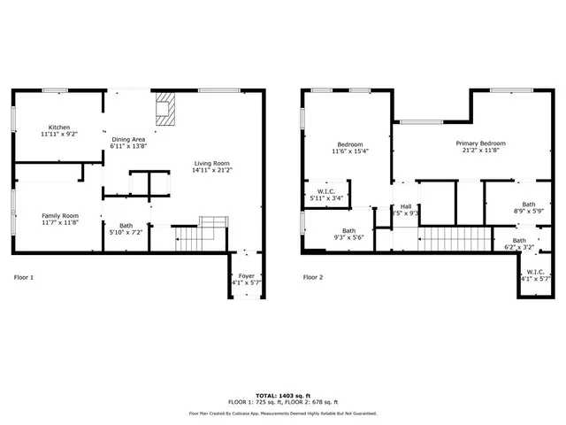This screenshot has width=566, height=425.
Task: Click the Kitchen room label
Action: point(59,127)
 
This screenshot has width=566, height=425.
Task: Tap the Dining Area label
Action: point(128,140)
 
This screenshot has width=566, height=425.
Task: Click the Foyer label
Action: point(247,276)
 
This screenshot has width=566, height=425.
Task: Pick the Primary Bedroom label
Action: point(480,143)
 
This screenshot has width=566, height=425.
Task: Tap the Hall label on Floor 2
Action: point(405,205)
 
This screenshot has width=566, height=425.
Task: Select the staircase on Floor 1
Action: point(189,237)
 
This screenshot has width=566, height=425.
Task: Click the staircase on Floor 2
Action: point(454,238)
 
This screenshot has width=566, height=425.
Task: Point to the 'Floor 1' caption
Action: point(24,277)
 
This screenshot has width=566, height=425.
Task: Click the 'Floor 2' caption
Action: point(313,277)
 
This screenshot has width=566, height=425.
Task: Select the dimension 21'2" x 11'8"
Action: point(480,151)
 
